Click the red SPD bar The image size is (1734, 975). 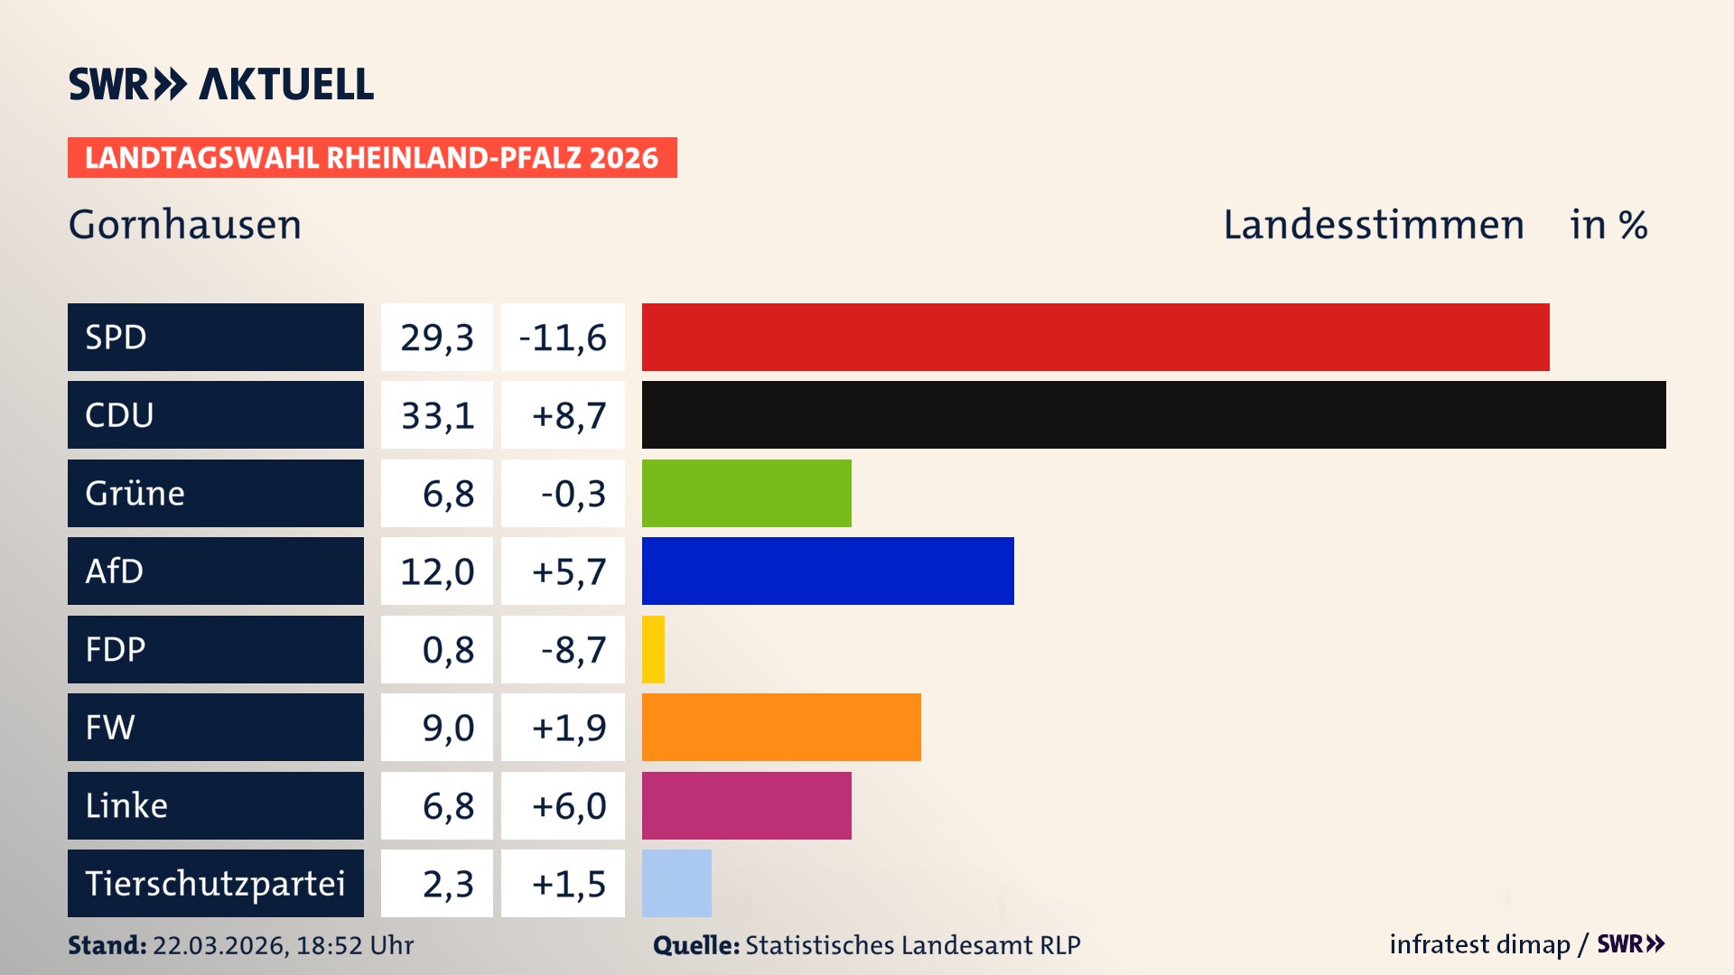click(x=1095, y=337)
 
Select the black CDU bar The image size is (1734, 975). click(x=1153, y=414)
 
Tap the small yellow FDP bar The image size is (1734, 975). click(x=653, y=649)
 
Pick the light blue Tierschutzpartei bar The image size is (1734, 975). click(x=676, y=883)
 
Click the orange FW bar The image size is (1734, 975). click(x=781, y=727)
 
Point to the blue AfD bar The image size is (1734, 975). click(x=827, y=571)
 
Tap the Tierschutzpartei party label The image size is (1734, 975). click(x=215, y=883)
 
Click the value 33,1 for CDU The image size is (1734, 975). click(x=437, y=415)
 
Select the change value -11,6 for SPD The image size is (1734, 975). click(x=563, y=338)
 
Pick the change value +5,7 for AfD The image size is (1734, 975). click(x=568, y=571)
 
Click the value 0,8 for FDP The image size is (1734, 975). click(x=447, y=650)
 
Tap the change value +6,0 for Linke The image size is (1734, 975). click(x=568, y=806)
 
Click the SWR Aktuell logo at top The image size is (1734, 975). click(x=221, y=84)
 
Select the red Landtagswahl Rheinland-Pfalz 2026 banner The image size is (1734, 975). click(x=372, y=158)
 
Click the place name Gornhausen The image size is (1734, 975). click(x=185, y=225)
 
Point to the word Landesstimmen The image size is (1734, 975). click(x=1373, y=225)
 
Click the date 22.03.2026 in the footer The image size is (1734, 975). click(x=219, y=945)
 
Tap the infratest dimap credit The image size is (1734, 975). click(x=1479, y=944)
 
